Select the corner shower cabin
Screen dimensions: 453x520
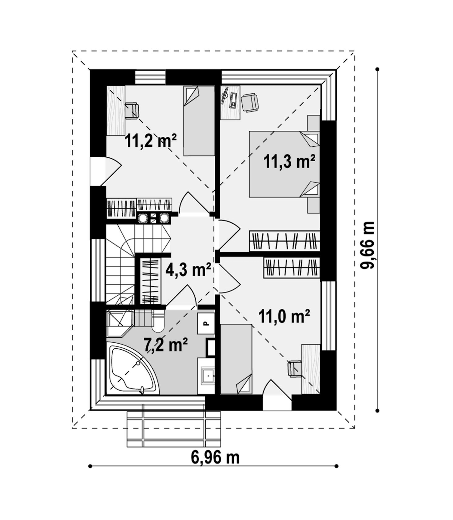[x=120, y=324]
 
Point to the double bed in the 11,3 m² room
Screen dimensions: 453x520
[x=284, y=164]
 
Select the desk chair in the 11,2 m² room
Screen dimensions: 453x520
[x=132, y=111]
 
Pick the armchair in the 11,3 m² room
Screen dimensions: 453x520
[x=250, y=102]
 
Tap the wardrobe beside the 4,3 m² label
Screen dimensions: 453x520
[x=151, y=281]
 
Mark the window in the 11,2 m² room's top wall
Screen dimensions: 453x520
[x=150, y=77]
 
